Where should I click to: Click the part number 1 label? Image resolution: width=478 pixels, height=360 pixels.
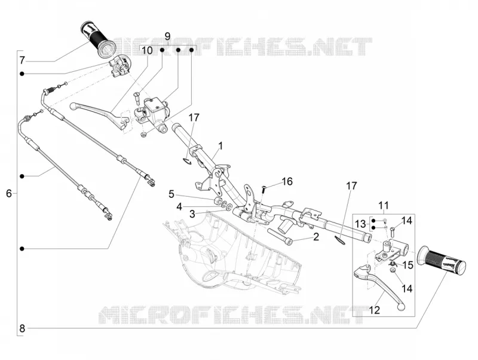tap(220, 146)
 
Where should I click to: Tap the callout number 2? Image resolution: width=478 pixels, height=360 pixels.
tap(316, 236)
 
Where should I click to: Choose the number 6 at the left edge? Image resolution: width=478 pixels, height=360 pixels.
tap(9, 193)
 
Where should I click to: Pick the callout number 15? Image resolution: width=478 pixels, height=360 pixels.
tap(407, 265)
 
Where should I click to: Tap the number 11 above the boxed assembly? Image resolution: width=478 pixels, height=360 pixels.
tap(384, 206)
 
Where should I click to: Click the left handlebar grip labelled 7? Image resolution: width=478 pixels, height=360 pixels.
tap(98, 39)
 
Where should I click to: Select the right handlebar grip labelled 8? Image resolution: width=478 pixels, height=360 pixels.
tap(442, 260)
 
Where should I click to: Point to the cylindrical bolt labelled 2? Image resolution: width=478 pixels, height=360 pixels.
tap(280, 234)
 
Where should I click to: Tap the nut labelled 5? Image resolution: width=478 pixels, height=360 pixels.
tap(217, 201)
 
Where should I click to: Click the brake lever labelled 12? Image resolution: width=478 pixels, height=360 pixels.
tap(379, 285)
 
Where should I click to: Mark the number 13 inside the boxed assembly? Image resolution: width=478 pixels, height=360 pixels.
tap(360, 224)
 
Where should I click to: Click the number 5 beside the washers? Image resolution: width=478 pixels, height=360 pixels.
tap(171, 194)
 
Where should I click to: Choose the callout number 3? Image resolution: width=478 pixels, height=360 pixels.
tap(192, 214)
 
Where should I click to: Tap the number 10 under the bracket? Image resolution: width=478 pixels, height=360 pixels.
tap(147, 50)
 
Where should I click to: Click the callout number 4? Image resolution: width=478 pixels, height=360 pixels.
tap(179, 207)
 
